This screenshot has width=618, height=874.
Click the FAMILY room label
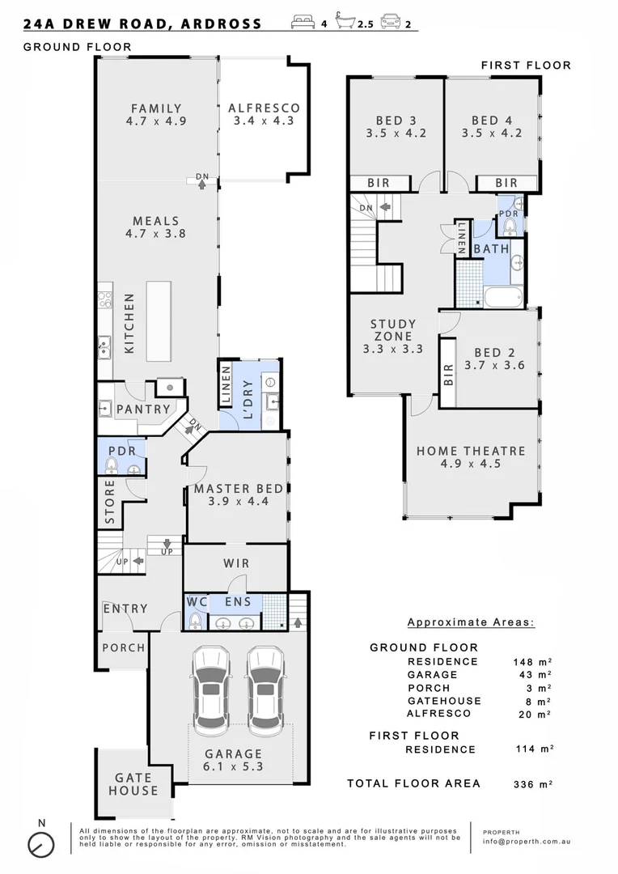point(156,108)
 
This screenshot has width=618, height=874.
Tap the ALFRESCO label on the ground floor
point(264,108)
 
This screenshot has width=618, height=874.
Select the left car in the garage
point(209,688)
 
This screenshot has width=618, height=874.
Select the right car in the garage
point(265,688)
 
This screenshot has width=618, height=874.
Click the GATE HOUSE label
point(134,784)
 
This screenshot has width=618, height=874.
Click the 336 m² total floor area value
point(533,783)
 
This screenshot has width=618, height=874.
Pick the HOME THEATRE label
point(471,452)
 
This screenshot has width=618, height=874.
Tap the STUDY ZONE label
point(393,330)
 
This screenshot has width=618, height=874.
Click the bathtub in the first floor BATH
point(505,297)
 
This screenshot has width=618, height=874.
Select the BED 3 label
point(396,121)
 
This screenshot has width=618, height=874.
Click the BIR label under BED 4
point(507,184)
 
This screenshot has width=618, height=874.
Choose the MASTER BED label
point(238,489)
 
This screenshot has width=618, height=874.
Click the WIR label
point(235,563)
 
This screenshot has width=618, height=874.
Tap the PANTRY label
point(143,409)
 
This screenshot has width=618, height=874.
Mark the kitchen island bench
point(159,321)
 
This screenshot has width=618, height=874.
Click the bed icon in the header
point(303,23)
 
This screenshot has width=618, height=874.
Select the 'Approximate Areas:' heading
point(470,622)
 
